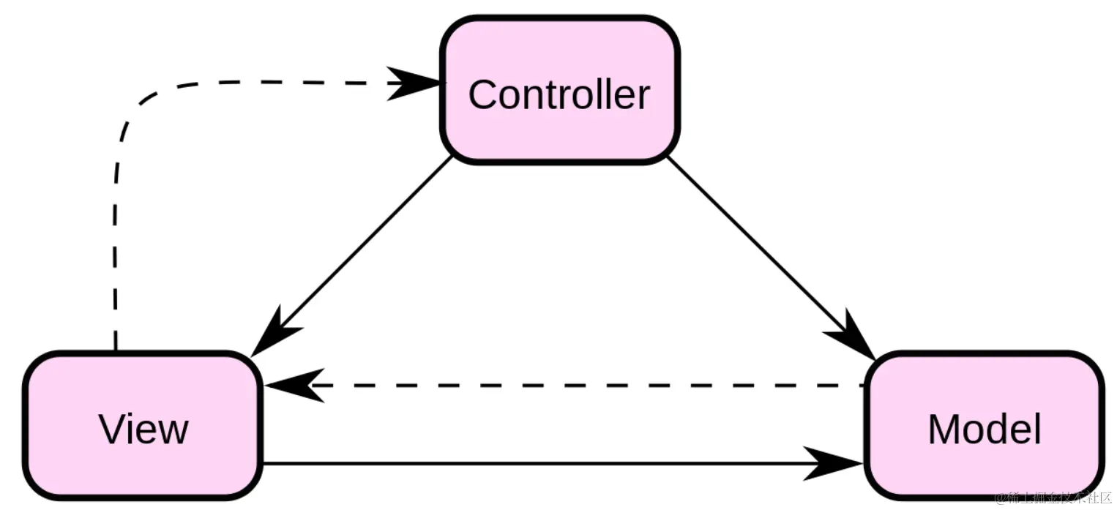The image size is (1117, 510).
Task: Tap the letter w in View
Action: point(173,431)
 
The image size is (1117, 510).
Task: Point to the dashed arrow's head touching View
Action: point(289,385)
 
